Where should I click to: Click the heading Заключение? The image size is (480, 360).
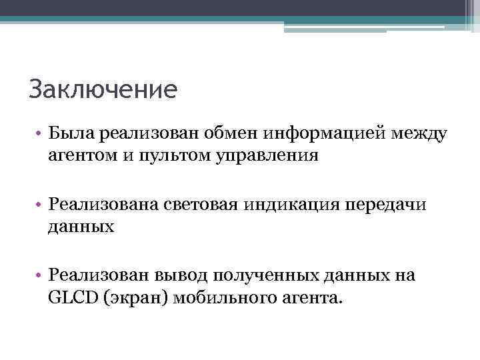(103, 89)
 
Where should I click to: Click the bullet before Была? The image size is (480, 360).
(41, 136)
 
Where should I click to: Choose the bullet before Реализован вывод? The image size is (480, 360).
(41, 276)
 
